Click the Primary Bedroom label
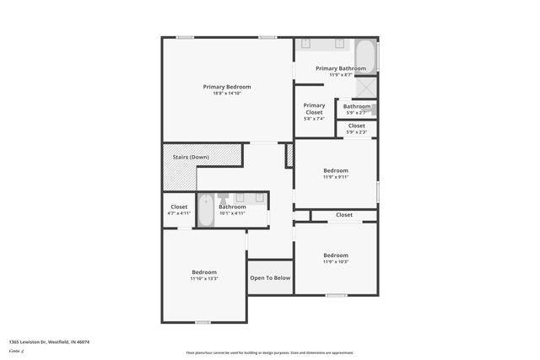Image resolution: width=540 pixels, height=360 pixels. (227, 87)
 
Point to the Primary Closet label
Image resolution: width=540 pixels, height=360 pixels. (314, 109)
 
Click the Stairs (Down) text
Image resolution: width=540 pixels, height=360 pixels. (191, 158)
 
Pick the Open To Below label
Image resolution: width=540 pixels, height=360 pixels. (270, 278)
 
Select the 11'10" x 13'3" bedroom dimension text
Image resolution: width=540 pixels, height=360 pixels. (204, 279)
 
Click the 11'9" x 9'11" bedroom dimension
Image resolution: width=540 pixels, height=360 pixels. (335, 177)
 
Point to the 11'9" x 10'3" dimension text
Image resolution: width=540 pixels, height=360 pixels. (335, 262)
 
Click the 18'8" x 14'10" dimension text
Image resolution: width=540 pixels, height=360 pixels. (227, 94)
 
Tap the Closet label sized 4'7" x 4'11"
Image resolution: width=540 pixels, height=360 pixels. (179, 207)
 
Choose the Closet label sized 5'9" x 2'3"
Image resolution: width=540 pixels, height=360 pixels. (357, 126)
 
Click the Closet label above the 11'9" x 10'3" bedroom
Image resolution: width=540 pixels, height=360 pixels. (344, 215)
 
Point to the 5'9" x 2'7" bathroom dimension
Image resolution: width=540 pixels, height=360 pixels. (357, 113)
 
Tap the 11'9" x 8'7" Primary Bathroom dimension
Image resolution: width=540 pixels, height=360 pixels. (341, 75)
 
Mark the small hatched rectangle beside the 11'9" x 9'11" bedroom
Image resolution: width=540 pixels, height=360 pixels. (289, 154)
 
